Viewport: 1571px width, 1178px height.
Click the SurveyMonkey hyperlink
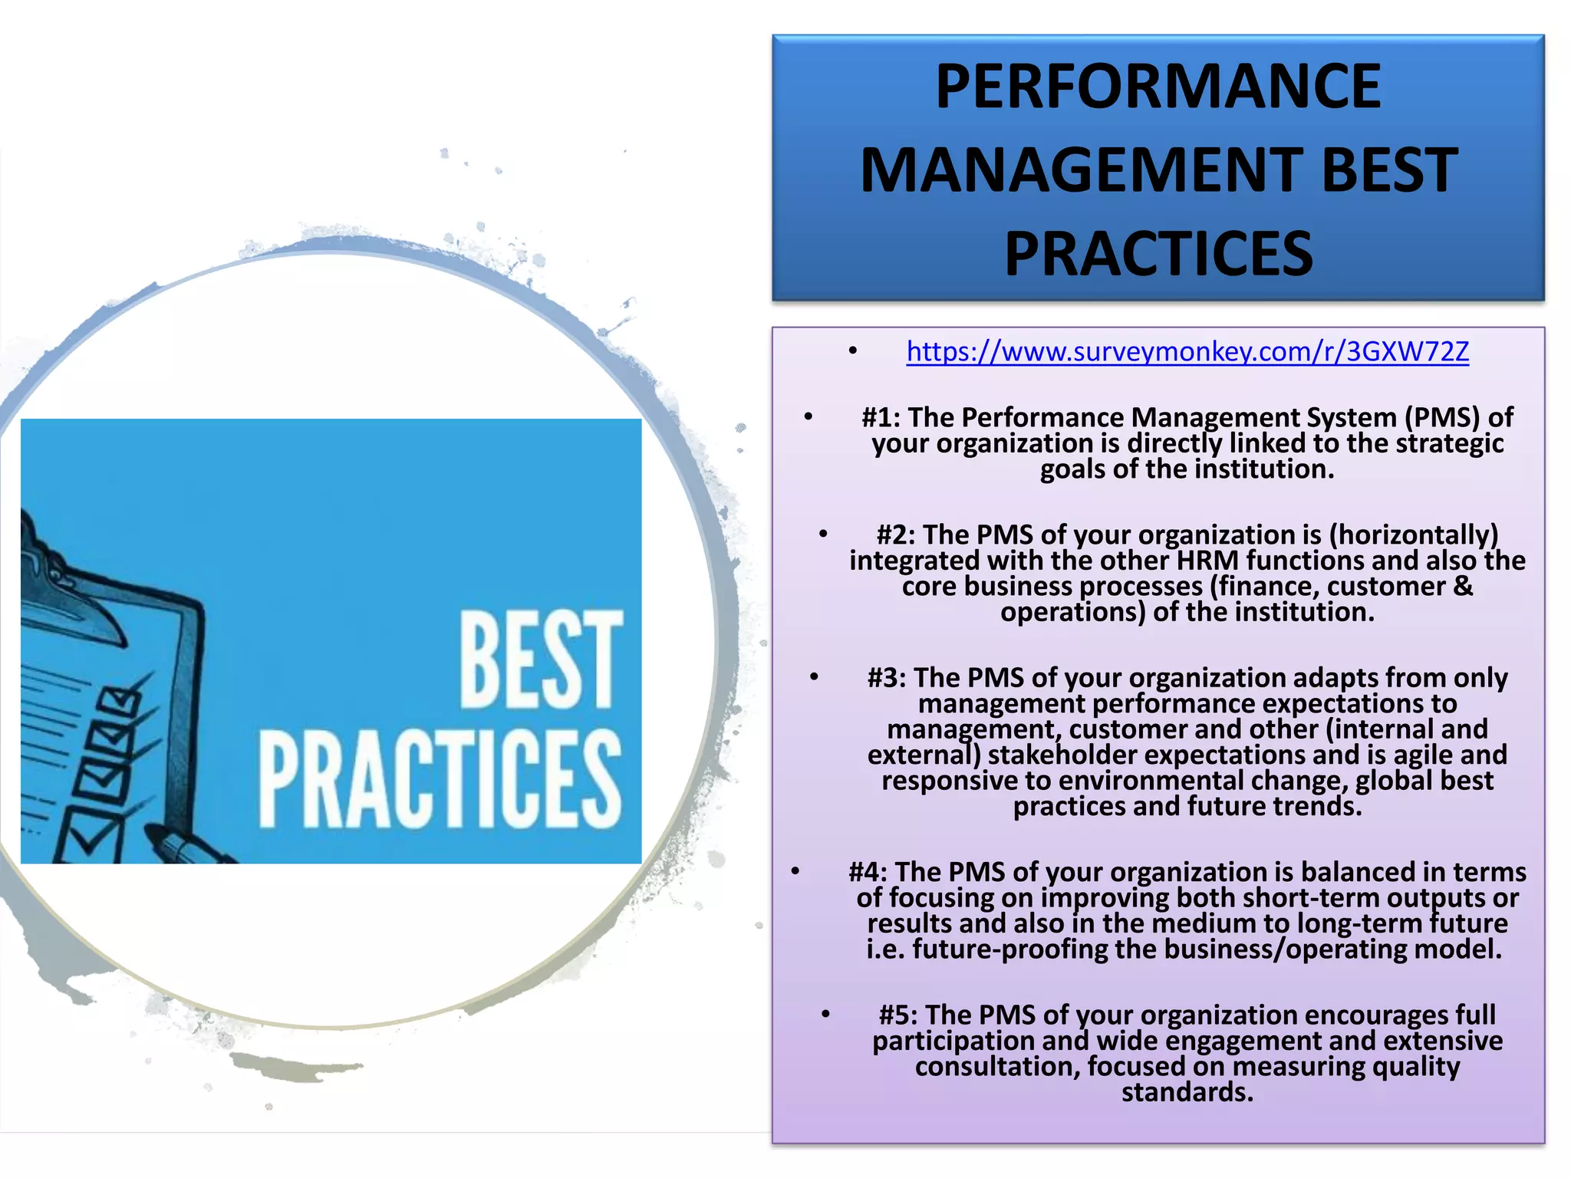(x=1187, y=352)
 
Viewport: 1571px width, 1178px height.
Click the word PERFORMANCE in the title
(x=1158, y=87)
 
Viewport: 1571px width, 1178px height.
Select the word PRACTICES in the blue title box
(x=1158, y=254)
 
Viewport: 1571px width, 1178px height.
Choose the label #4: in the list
(x=868, y=873)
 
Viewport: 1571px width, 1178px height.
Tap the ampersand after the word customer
(x=1463, y=587)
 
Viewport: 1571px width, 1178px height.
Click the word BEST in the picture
(x=540, y=660)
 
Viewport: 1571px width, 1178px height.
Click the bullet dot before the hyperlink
(x=853, y=353)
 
